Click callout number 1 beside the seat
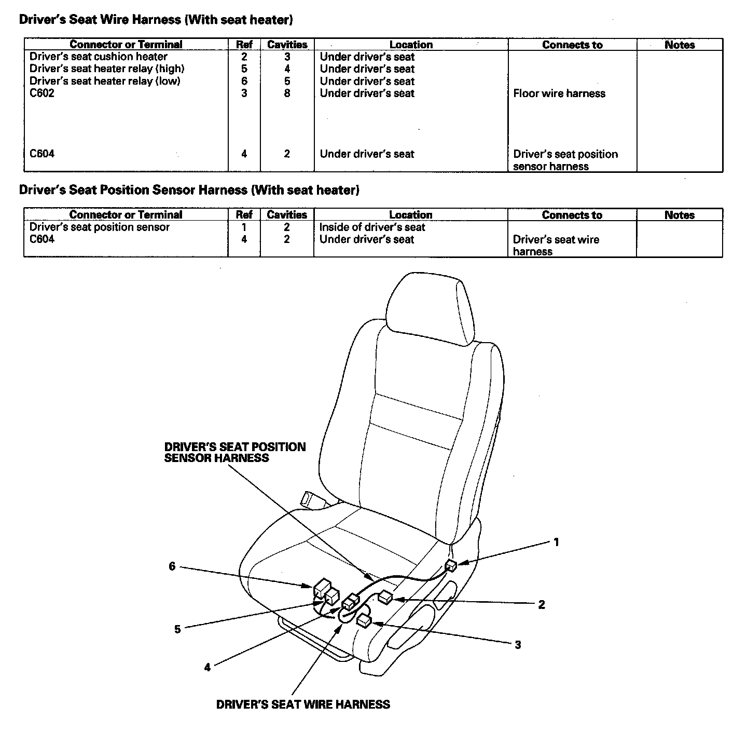[556, 543]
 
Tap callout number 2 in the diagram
[542, 604]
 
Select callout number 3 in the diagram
[518, 645]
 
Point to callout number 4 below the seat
[208, 668]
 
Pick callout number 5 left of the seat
[177, 629]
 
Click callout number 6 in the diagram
[172, 566]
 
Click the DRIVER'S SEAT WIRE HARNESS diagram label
[303, 704]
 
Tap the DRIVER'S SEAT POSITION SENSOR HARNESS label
[234, 452]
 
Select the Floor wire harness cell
[559, 93]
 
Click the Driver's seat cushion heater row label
[99, 57]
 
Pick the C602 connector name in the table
[42, 93]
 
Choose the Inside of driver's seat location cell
[372, 227]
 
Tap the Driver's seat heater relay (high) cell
[107, 69]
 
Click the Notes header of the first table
[680, 45]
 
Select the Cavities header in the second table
[287, 215]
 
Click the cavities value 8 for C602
[287, 93]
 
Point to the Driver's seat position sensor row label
[100, 227]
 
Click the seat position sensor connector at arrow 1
[451, 565]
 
